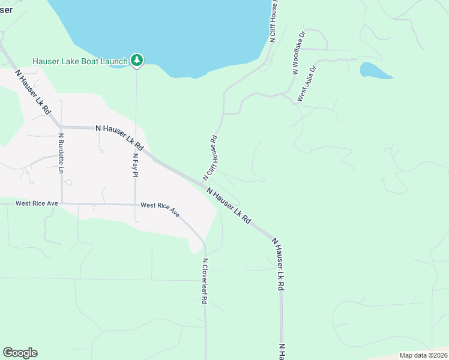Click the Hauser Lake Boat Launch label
tap(80, 61)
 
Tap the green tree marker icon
tap(137, 59)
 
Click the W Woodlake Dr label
tap(298, 53)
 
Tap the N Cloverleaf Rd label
tap(204, 281)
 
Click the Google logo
tap(20, 353)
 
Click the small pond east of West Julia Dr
tap(374, 71)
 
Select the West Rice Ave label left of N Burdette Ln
tap(37, 203)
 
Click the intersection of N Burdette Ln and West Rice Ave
tap(61, 203)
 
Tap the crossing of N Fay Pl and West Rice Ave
tap(136, 204)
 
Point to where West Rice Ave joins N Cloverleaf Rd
tap(204, 242)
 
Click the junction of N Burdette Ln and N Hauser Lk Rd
tap(61, 127)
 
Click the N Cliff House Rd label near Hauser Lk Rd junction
tap(209, 158)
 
